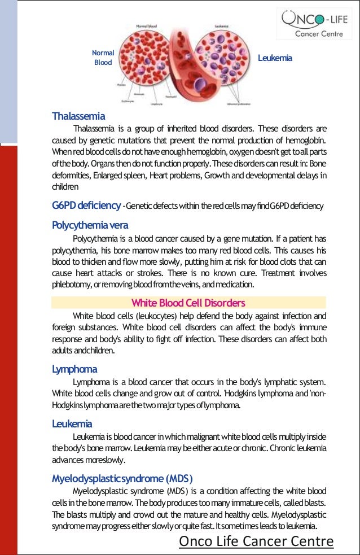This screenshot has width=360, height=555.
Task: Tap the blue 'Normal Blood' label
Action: (x=103, y=58)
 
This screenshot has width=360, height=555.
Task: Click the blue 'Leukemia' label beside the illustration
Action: (x=275, y=58)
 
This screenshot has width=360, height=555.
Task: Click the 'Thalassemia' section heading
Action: (x=78, y=116)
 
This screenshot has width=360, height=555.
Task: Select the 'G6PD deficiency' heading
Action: (x=86, y=205)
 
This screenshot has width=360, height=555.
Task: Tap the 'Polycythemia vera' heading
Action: (x=90, y=225)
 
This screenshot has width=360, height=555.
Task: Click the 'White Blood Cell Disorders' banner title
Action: (x=188, y=303)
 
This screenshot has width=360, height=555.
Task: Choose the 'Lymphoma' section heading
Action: (x=74, y=369)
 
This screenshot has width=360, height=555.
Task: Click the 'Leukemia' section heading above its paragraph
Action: (x=72, y=423)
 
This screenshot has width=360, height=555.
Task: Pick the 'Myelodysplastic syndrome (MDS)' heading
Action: (x=122, y=478)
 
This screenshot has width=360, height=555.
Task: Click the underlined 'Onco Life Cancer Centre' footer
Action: (x=256, y=541)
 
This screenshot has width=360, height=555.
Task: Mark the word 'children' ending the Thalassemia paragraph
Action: (x=65, y=186)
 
